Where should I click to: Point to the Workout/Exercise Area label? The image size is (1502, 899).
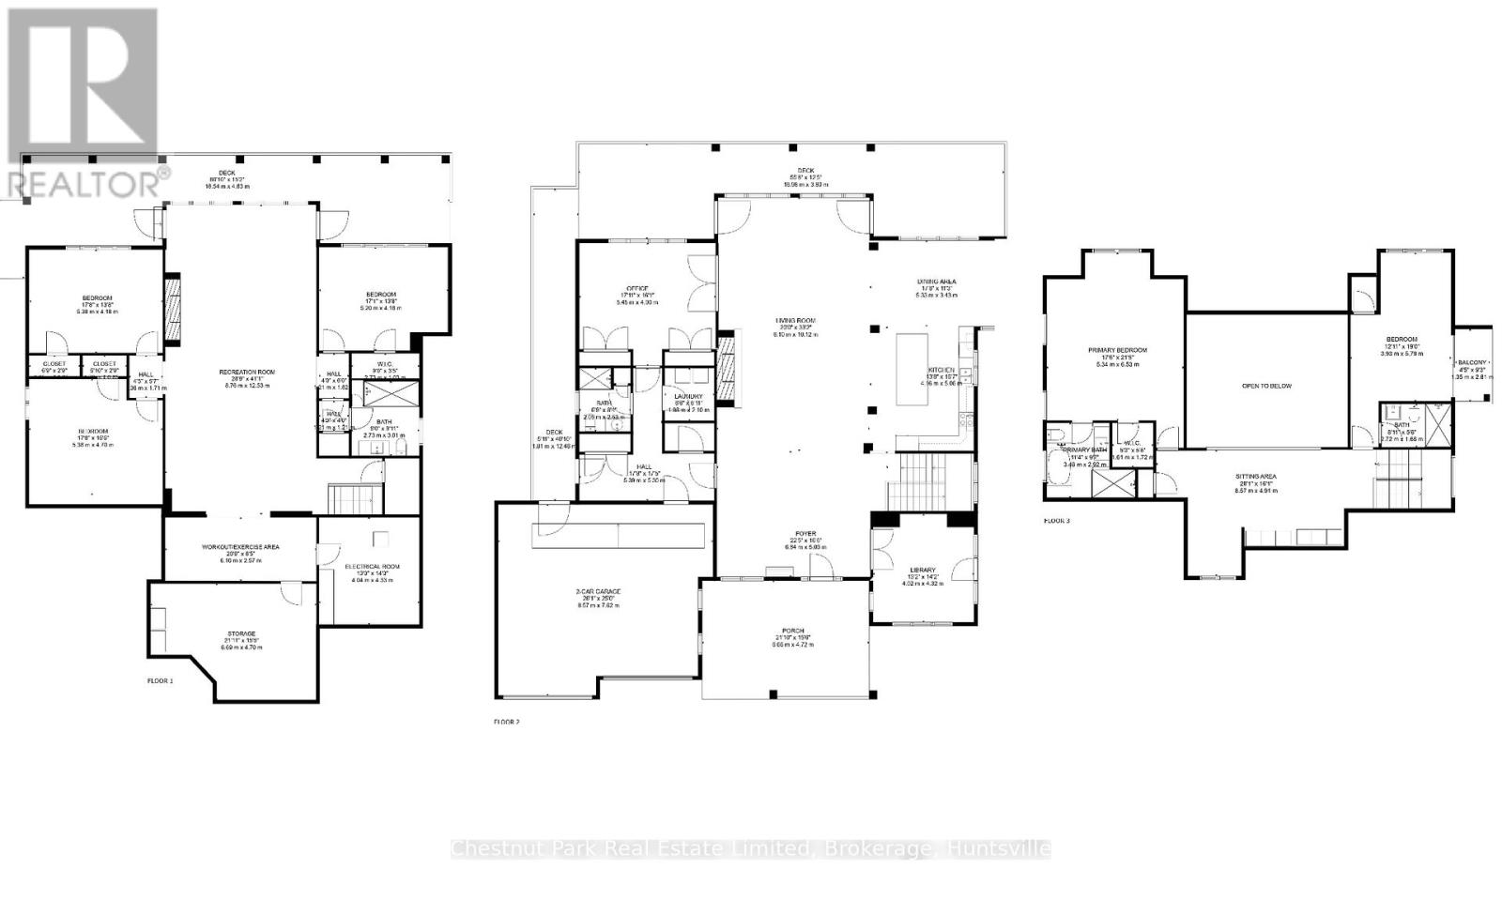coord(240,547)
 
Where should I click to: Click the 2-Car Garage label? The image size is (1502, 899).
coord(598,592)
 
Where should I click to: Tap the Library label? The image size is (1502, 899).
coord(923,570)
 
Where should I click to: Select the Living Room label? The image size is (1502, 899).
coord(794,321)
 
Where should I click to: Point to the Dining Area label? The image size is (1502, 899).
coord(936,282)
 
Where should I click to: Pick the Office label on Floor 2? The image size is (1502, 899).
coord(637,289)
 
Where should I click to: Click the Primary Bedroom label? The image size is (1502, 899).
coord(1117,351)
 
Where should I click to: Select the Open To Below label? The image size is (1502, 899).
coord(1266,386)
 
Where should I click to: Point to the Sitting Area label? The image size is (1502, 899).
coord(1255,477)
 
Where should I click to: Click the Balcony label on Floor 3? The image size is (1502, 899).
coord(1470,362)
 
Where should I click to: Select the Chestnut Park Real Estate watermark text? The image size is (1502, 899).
coord(750,849)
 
